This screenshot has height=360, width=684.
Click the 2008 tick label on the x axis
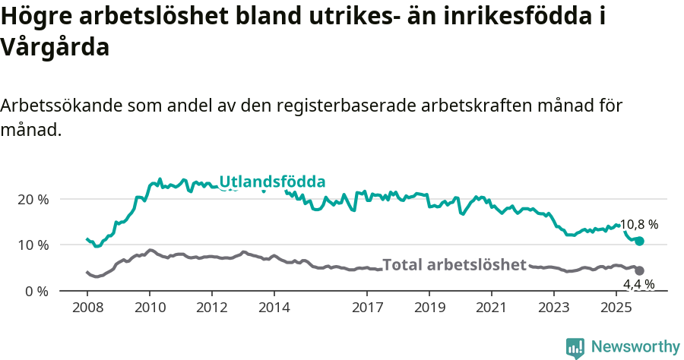(87, 308)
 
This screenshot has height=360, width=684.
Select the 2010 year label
(150, 308)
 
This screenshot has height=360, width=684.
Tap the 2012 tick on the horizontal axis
(212, 308)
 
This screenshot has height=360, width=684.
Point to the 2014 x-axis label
(274, 308)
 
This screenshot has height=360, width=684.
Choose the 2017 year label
(368, 308)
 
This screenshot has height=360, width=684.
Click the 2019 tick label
(429, 308)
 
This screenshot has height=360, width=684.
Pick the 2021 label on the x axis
(492, 308)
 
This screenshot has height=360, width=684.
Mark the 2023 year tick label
(554, 308)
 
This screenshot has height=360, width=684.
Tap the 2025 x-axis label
(616, 308)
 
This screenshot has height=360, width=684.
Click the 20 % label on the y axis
(33, 199)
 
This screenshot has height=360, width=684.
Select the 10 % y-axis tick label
(33, 245)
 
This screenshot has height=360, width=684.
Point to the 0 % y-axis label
(37, 292)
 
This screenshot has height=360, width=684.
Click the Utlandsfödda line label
(272, 182)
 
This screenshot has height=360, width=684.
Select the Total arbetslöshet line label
(454, 265)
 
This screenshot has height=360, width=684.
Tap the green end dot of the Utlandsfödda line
(639, 241)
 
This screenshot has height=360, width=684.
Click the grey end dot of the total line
(639, 270)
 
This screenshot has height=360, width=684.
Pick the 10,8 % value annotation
(639, 225)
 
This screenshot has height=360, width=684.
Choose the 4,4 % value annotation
(639, 285)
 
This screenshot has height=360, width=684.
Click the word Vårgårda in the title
(55, 47)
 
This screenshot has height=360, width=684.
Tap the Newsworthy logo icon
(575, 347)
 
